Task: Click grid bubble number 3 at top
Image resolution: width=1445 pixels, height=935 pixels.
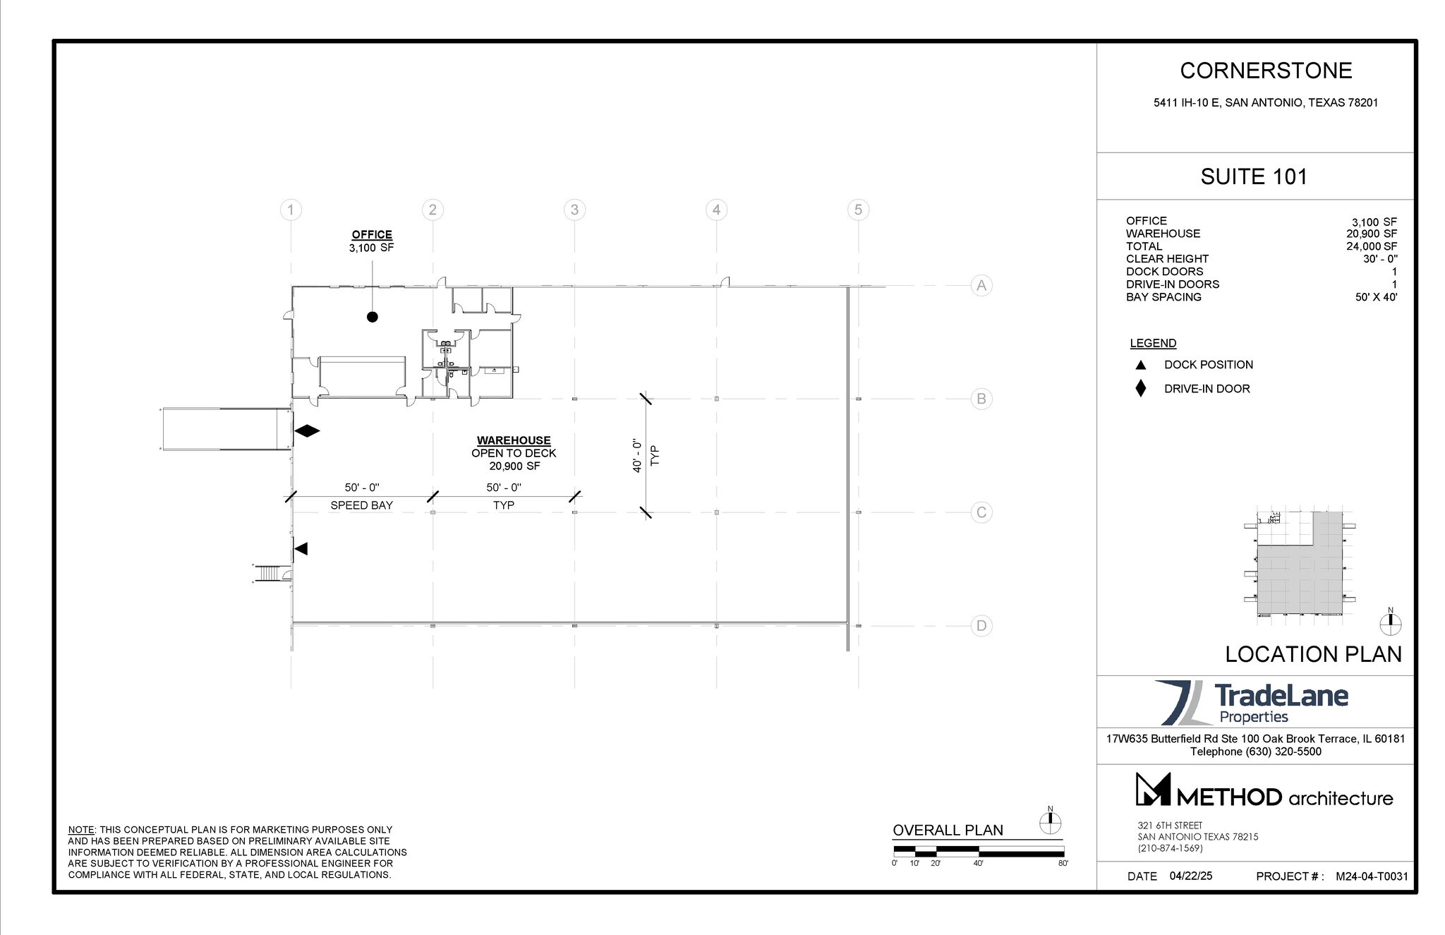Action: coord(574,210)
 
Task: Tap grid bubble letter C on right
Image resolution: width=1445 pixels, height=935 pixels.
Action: coord(981,512)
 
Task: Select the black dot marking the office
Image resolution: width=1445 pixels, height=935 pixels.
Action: coord(373,317)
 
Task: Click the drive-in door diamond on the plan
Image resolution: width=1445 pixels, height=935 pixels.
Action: coord(307,430)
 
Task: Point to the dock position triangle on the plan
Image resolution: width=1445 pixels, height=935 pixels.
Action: coord(301,548)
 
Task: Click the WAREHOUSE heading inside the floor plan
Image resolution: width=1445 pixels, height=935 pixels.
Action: coord(514,440)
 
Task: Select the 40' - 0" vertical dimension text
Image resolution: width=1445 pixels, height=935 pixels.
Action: coord(637,455)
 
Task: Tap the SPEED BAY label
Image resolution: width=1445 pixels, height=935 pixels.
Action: coord(361,505)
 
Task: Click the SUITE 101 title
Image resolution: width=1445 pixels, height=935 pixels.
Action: coord(1254,176)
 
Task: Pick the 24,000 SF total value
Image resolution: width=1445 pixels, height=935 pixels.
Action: coord(1371,246)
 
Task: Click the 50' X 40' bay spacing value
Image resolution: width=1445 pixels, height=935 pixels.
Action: coord(1376,297)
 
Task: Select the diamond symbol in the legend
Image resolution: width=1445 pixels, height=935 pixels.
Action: coord(1140,389)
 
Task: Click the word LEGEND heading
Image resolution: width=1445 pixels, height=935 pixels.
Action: coord(1153,344)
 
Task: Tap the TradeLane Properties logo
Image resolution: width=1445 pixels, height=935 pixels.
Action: coord(1251,702)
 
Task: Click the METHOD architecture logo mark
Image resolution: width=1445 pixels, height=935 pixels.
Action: coord(1153,790)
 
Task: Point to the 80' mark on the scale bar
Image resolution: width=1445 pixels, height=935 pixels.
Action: coord(1063,863)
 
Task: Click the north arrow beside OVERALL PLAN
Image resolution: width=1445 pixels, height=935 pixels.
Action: coord(1050,822)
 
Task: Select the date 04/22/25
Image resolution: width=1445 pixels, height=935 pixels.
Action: coord(1190,876)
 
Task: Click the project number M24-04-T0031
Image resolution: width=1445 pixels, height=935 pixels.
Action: coord(1372,876)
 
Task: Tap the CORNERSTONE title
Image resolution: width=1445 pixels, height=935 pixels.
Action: coord(1266,71)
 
